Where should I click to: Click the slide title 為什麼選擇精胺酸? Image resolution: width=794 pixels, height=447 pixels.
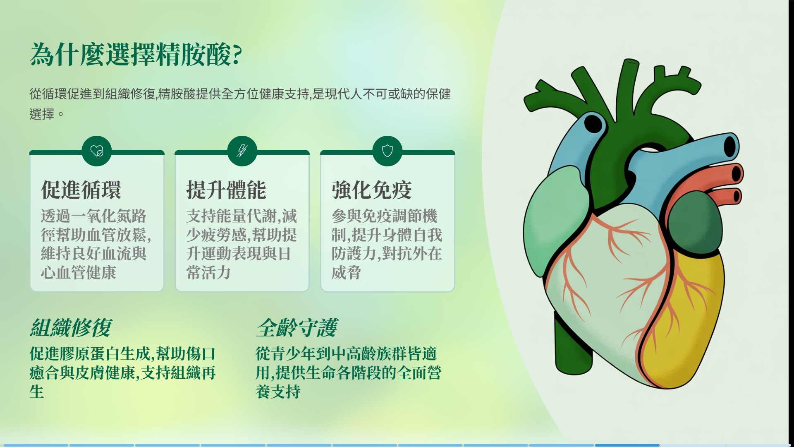(x=136, y=55)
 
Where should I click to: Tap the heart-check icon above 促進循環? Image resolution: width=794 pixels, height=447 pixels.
(x=97, y=151)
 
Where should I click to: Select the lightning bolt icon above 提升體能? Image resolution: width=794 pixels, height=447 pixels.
(x=242, y=151)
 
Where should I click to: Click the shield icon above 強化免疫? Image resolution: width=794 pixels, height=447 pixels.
(x=387, y=151)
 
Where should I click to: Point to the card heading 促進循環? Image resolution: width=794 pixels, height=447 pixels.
(x=81, y=190)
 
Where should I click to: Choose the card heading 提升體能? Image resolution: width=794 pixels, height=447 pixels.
(x=226, y=190)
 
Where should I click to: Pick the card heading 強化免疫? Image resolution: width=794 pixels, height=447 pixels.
(x=372, y=190)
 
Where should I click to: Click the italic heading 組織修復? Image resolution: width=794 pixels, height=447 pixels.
(x=71, y=328)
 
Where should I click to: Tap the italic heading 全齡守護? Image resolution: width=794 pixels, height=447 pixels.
(x=297, y=328)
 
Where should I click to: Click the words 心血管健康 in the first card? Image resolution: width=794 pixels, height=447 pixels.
(x=79, y=273)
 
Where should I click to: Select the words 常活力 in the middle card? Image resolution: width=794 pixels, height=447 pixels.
(x=208, y=273)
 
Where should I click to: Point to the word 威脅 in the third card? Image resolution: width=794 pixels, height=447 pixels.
(x=347, y=273)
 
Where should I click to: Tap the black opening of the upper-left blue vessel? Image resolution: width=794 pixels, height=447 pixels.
(x=593, y=123)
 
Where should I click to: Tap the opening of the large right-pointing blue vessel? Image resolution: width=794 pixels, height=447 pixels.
(x=730, y=147)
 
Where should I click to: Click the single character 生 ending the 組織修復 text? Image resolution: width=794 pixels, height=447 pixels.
(x=37, y=392)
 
